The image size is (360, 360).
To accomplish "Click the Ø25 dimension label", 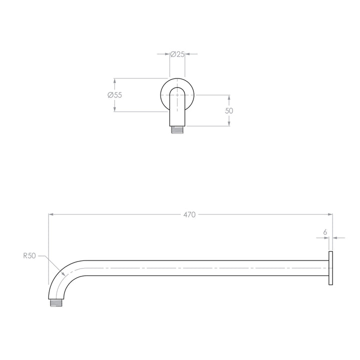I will pyautogui.click(x=177, y=54).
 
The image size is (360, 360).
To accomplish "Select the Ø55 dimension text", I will pyautogui.click(x=114, y=95).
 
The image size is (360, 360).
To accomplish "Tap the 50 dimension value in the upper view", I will pyautogui.click(x=229, y=110).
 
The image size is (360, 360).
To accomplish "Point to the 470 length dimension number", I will pyautogui.click(x=189, y=214).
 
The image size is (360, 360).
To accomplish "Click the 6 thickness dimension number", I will pyautogui.click(x=325, y=232).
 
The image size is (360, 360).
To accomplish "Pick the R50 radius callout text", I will pyautogui.click(x=29, y=255).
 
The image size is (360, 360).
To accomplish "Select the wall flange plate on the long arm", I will pyautogui.click(x=330, y=269).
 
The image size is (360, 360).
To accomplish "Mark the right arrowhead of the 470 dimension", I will pyautogui.click(x=330, y=214).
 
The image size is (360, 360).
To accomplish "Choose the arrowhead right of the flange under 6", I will pyautogui.click(x=335, y=238).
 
